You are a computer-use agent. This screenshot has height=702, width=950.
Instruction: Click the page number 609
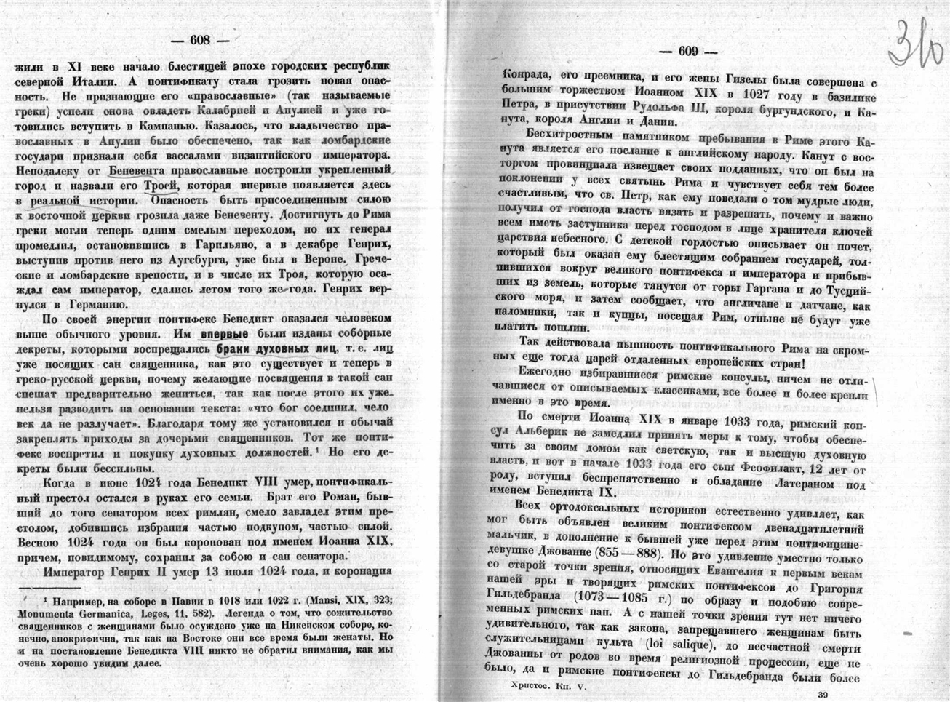(688, 51)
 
